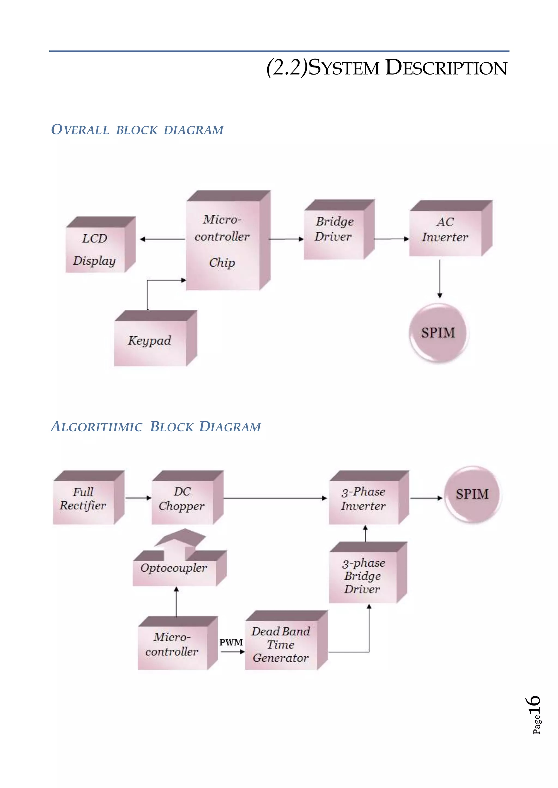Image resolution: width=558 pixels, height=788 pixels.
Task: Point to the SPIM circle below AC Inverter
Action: (438, 333)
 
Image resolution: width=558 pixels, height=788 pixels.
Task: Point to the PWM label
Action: (231, 642)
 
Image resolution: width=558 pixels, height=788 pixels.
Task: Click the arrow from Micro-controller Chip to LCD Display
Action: (162, 239)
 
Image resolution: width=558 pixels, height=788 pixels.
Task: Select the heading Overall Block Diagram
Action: (137, 130)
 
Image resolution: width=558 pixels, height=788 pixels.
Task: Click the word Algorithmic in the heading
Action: (96, 427)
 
